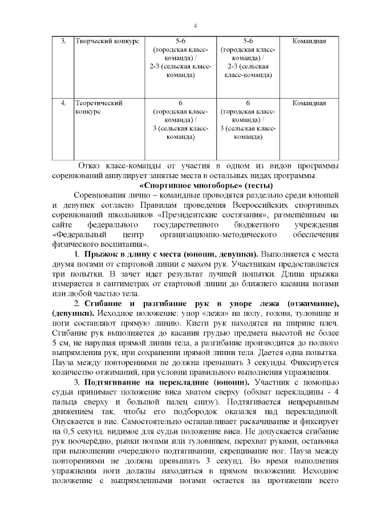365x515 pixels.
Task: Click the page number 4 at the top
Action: (x=195, y=26)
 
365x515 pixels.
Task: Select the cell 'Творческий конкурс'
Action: (x=107, y=41)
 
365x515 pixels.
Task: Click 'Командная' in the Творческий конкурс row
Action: (x=309, y=41)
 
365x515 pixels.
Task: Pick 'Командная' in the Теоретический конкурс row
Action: (x=309, y=104)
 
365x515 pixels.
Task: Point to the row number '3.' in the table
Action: (x=63, y=41)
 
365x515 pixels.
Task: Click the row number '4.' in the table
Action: (x=63, y=104)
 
